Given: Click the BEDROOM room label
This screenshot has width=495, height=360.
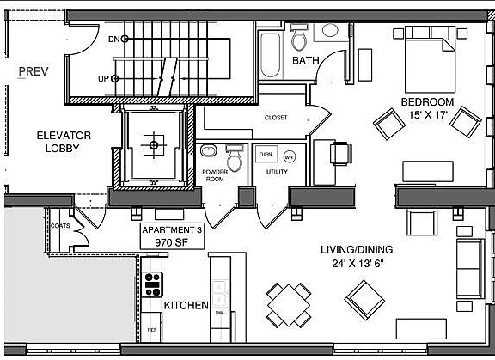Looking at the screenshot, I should tap(426, 102).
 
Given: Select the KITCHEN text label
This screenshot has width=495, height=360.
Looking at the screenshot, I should tap(186, 305).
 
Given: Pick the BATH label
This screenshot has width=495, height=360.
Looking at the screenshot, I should tap(306, 62).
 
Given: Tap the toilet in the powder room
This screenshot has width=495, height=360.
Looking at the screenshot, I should tap(235, 161).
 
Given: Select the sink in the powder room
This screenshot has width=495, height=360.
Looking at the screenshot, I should tap(209, 151).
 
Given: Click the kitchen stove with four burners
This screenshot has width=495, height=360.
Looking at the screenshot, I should tap(154, 281).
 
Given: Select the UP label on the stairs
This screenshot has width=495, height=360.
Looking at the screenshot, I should tap(103, 79).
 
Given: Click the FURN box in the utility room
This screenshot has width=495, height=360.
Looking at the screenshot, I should tap(266, 155).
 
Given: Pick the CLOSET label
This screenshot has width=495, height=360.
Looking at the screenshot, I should tap(276, 118).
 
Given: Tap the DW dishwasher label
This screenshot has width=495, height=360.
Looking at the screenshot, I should tap(220, 312).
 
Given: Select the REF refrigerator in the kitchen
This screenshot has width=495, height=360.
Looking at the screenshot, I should tap(152, 329).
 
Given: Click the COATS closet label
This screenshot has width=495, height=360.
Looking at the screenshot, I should tap(59, 226).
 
